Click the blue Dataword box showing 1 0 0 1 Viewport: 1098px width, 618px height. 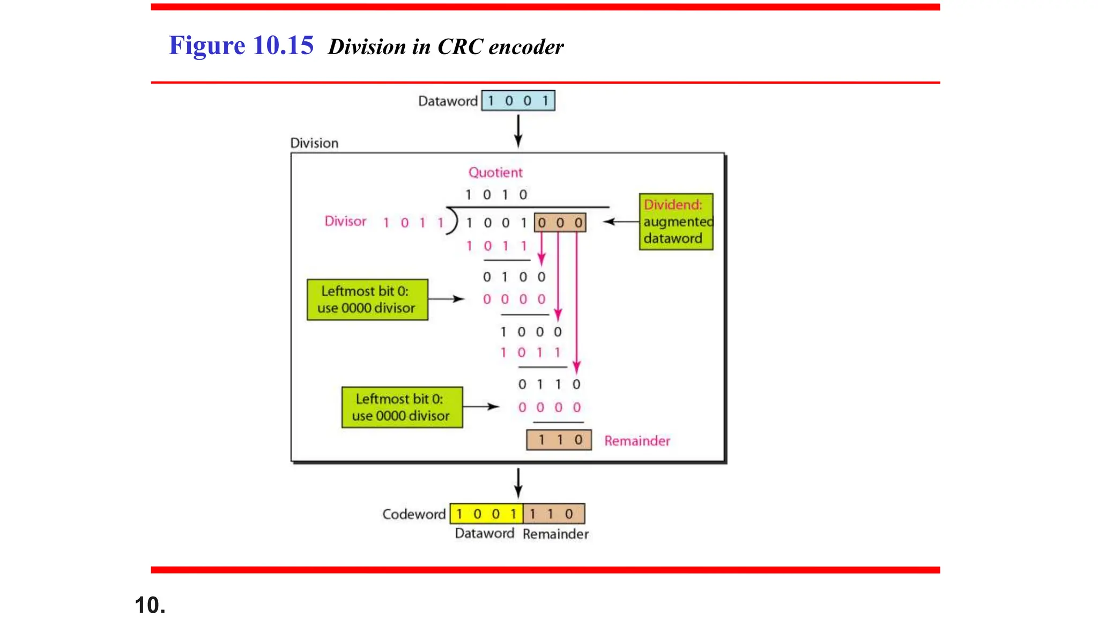(x=518, y=101)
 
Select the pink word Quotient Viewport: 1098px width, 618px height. (x=495, y=172)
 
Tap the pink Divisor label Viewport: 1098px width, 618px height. (x=345, y=221)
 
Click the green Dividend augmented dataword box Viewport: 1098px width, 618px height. (x=676, y=222)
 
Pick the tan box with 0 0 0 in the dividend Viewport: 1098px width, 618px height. (x=560, y=223)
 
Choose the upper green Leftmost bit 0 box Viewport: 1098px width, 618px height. (x=367, y=299)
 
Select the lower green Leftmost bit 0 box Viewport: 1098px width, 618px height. (x=402, y=407)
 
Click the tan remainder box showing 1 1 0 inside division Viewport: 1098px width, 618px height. (x=559, y=440)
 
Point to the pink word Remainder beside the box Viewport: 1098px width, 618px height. (x=637, y=441)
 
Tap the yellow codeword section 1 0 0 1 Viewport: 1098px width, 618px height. (x=486, y=514)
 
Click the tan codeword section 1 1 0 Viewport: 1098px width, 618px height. (x=553, y=514)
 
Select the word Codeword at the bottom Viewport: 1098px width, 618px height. (x=414, y=514)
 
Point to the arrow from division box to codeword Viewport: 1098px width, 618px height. (x=518, y=482)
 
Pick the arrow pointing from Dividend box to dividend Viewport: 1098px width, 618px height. (x=621, y=222)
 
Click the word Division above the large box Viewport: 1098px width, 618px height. (x=314, y=143)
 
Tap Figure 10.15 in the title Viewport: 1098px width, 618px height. (x=241, y=46)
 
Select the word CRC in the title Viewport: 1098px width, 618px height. (x=460, y=47)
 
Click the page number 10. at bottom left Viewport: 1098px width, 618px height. (x=150, y=605)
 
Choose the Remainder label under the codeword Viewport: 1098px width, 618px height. (x=555, y=534)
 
